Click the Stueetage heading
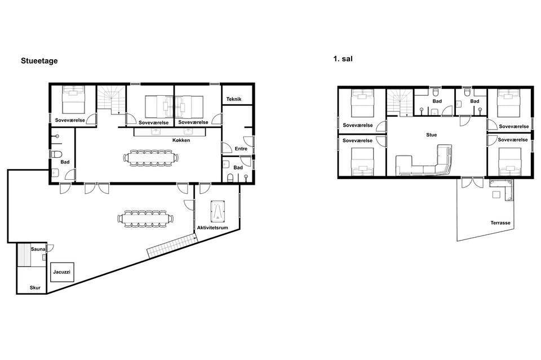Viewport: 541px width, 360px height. click(39, 61)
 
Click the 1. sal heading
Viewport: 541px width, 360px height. click(343, 59)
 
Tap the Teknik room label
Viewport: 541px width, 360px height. click(234, 99)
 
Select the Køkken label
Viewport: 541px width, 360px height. click(181, 140)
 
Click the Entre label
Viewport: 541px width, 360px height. click(241, 149)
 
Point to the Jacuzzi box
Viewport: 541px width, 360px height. click(62, 272)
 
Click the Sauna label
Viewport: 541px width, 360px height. click(38, 249)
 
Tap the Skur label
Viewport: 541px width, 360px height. click(35, 287)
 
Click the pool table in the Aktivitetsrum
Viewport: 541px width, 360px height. click(218, 211)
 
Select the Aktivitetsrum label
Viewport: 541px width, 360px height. click(212, 228)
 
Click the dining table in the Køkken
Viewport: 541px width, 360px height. click(151, 158)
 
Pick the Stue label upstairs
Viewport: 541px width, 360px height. click(431, 135)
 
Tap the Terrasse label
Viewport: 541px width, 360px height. click(500, 223)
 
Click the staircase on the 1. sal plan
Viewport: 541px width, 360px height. click(400, 103)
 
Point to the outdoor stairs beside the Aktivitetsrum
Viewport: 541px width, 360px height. click(170, 246)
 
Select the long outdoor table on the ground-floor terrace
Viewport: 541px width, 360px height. click(145, 219)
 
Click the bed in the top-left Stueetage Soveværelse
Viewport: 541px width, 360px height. click(73, 100)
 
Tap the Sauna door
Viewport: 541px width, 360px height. click(51, 247)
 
